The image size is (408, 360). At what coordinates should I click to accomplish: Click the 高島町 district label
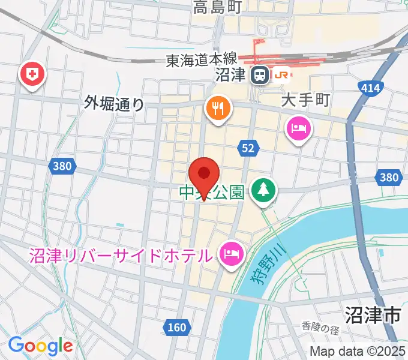[217, 7]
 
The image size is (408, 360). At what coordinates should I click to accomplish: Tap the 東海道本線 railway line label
[202, 61]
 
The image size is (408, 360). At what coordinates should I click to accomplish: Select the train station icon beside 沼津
[260, 75]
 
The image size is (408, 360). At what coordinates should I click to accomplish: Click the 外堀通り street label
[115, 104]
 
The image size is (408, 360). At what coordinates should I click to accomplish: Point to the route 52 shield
[249, 148]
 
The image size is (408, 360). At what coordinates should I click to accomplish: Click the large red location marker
[204, 175]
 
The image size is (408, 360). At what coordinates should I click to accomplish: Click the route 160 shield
[176, 328]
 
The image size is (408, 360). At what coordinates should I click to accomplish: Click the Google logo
[40, 346]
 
